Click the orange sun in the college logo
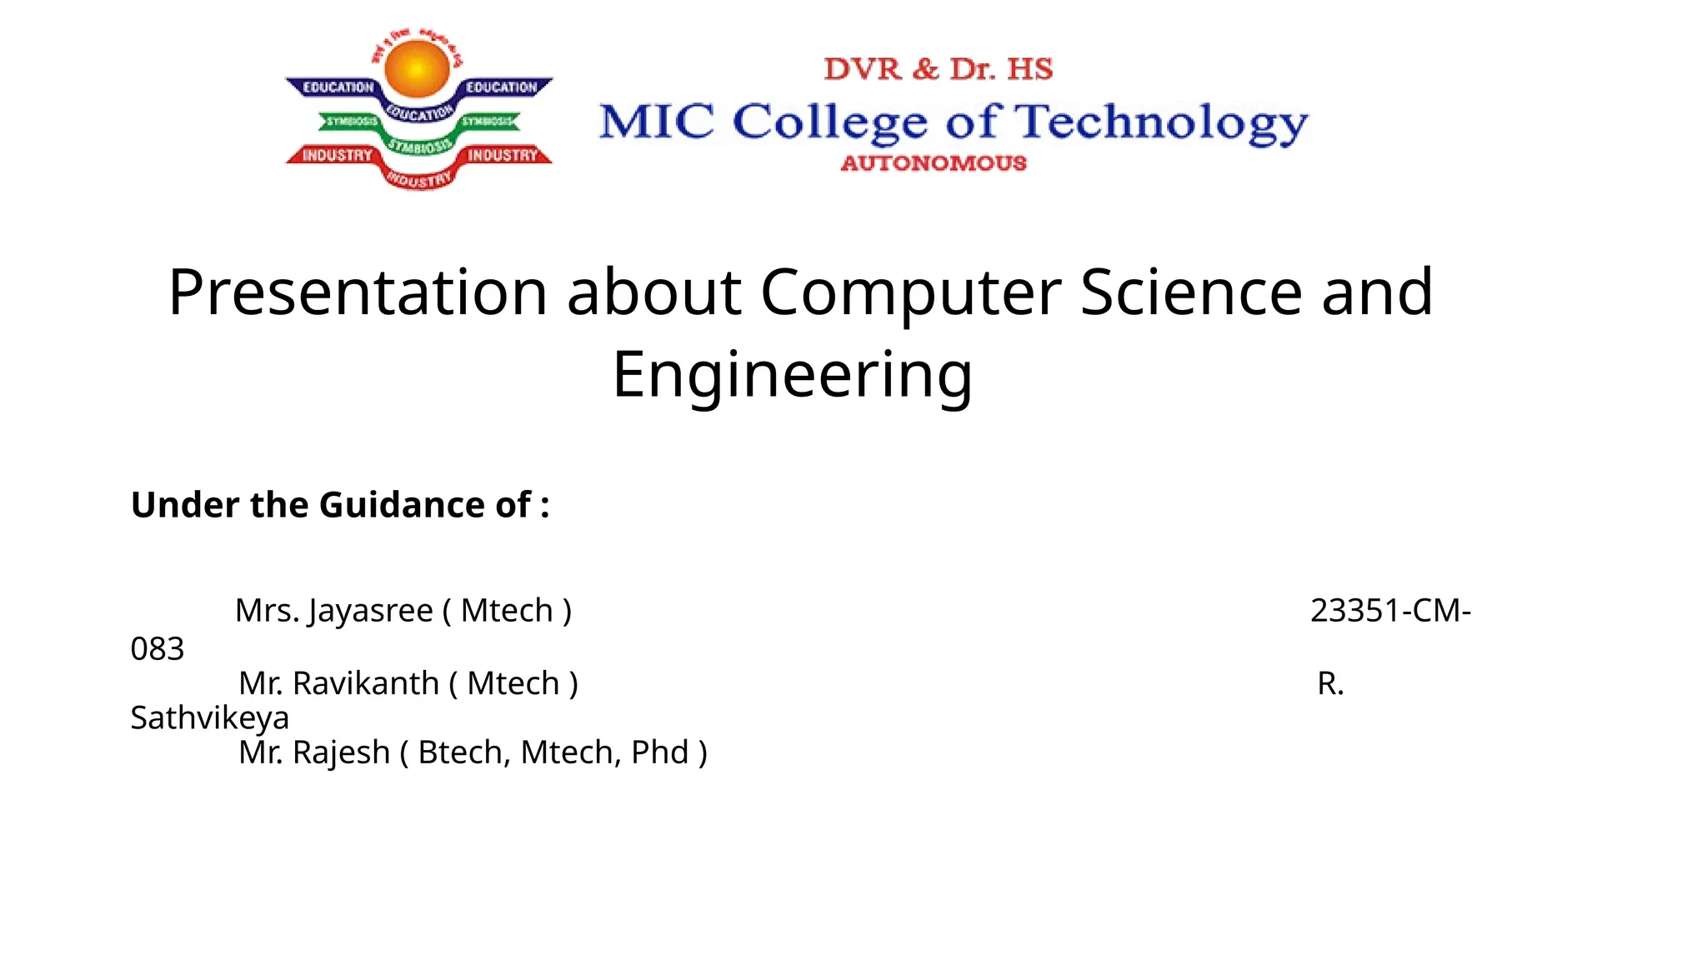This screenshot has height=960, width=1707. pyautogui.click(x=418, y=69)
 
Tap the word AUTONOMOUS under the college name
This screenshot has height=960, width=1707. pyautogui.click(x=934, y=163)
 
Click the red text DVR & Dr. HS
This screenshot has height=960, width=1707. pyautogui.click(x=939, y=69)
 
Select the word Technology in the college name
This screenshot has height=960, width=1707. pyautogui.click(x=1164, y=123)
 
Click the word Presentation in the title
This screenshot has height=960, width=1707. pyautogui.click(x=358, y=292)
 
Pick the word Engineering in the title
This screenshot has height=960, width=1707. pyautogui.click(x=793, y=375)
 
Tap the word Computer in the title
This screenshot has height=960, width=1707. pyautogui.click(x=910, y=292)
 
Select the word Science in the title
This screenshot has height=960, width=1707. pyautogui.click(x=1191, y=292)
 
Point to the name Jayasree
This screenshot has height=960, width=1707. pyautogui.click(x=370, y=611)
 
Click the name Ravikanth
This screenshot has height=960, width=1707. pyautogui.click(x=365, y=683)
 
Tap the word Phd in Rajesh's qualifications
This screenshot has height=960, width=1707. pyautogui.click(x=659, y=752)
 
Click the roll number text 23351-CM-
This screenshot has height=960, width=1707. pyautogui.click(x=1390, y=611)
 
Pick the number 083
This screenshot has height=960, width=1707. pyautogui.click(x=158, y=649)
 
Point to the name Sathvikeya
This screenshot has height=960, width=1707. pyautogui.click(x=210, y=718)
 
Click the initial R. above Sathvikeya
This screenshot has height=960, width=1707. pyautogui.click(x=1330, y=683)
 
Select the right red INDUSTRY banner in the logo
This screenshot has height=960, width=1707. pyautogui.click(x=503, y=156)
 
